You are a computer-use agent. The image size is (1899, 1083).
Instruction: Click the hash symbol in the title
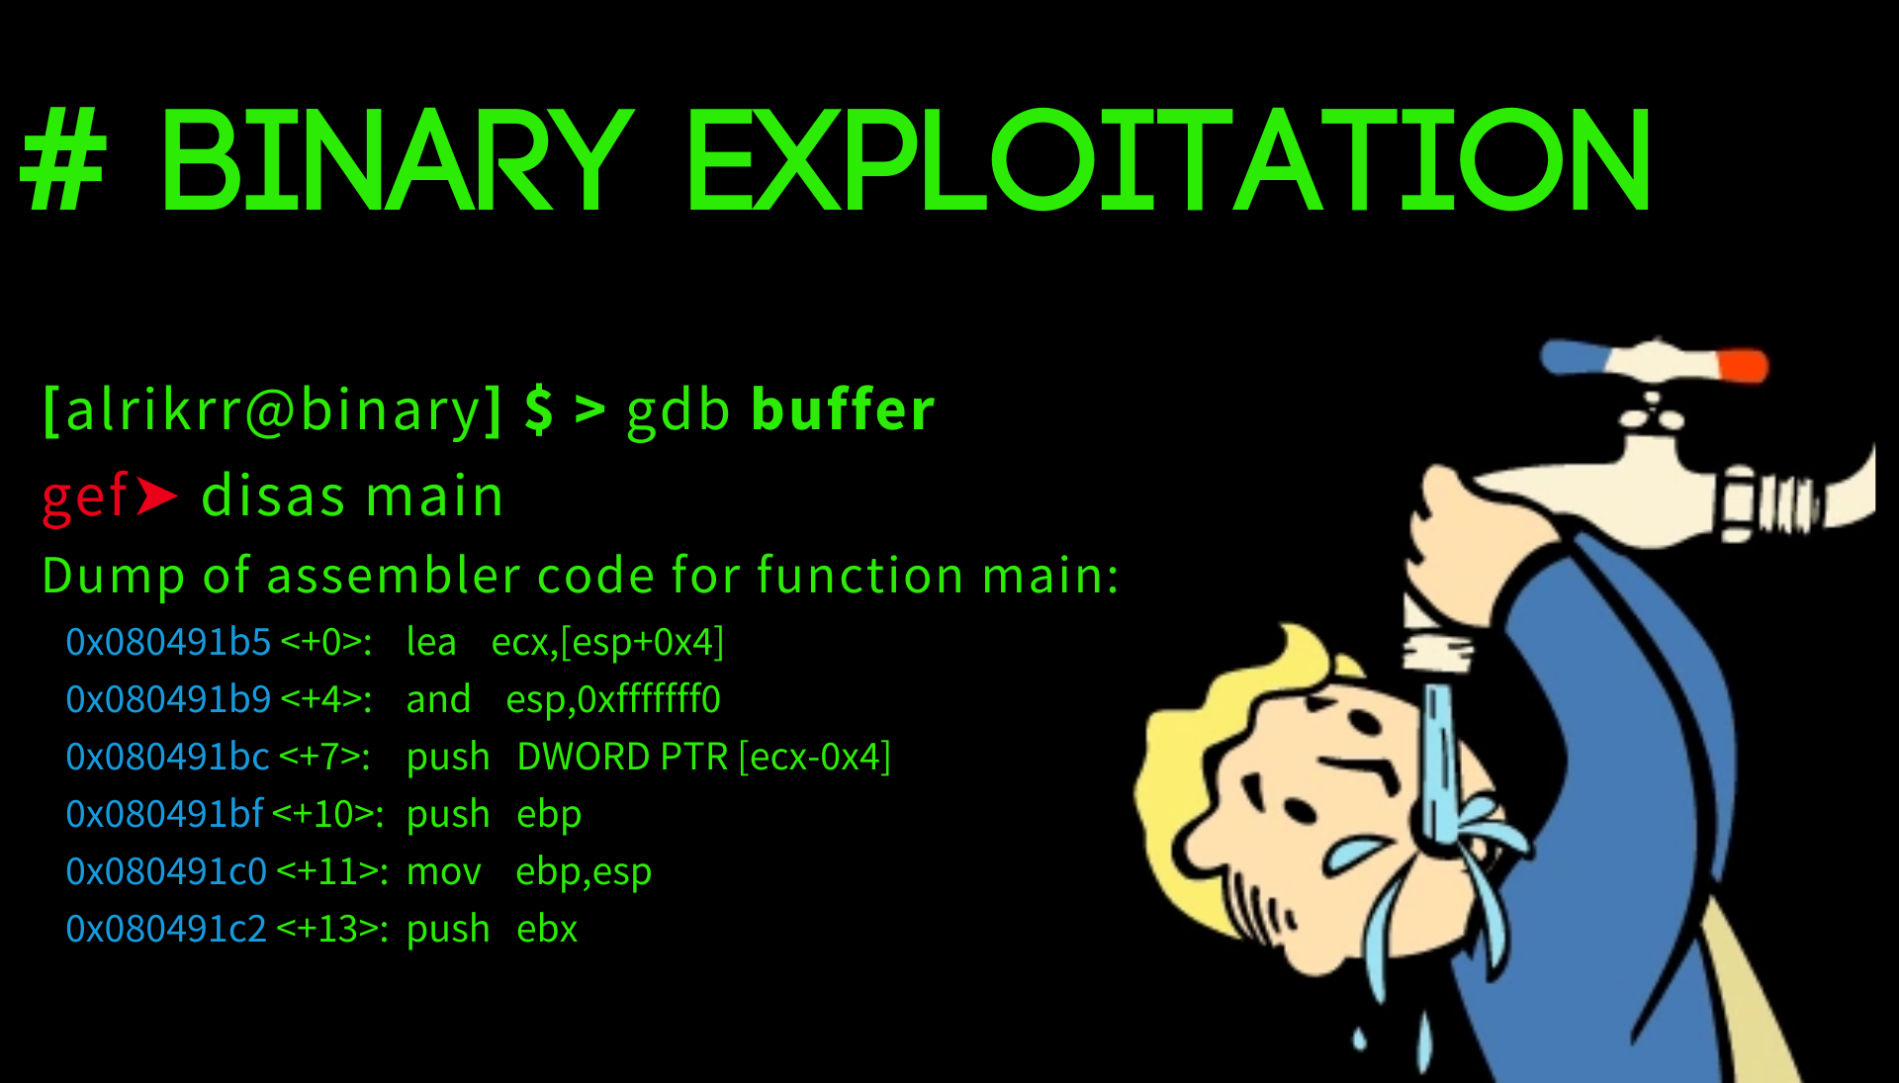pyautogui.click(x=63, y=160)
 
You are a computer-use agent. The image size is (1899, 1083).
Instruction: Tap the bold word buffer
pyautogui.click(x=843, y=409)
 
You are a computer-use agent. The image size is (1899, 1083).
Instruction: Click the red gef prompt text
pyautogui.click(x=85, y=496)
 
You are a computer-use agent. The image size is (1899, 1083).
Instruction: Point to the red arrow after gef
pyautogui.click(x=157, y=496)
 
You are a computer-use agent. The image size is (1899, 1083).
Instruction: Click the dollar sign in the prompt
pyautogui.click(x=539, y=410)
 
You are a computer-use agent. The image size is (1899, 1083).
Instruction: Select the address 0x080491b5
pyautogui.click(x=168, y=643)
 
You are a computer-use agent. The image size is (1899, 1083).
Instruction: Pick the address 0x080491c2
pyautogui.click(x=166, y=930)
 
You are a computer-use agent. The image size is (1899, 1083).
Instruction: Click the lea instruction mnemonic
pyautogui.click(x=431, y=643)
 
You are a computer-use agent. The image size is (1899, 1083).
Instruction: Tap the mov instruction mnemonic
pyautogui.click(x=444, y=872)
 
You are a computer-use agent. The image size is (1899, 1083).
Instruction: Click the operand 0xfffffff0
pyautogui.click(x=649, y=700)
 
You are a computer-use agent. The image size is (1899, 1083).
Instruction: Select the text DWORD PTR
pyautogui.click(x=622, y=758)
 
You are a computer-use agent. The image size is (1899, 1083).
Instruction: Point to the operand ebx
pyautogui.click(x=547, y=930)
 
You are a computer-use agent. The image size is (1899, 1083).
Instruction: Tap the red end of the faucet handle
pyautogui.click(x=1744, y=365)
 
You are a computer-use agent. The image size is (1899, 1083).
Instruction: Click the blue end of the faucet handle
pyautogui.click(x=1573, y=356)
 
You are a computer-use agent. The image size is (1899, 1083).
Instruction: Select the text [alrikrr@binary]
pyautogui.click(x=273, y=410)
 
